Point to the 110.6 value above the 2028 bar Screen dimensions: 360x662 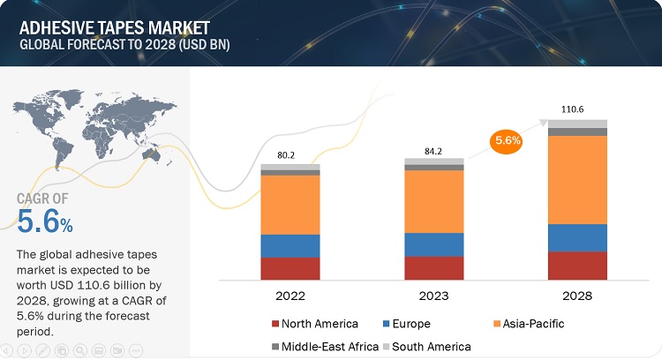click(577, 109)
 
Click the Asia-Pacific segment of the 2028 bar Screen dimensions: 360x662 click(577, 180)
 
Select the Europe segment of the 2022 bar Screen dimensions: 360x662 click(290, 245)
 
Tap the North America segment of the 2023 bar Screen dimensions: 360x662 click(433, 268)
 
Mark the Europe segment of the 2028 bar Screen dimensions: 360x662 click(577, 237)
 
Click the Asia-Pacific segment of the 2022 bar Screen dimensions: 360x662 click(290, 205)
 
